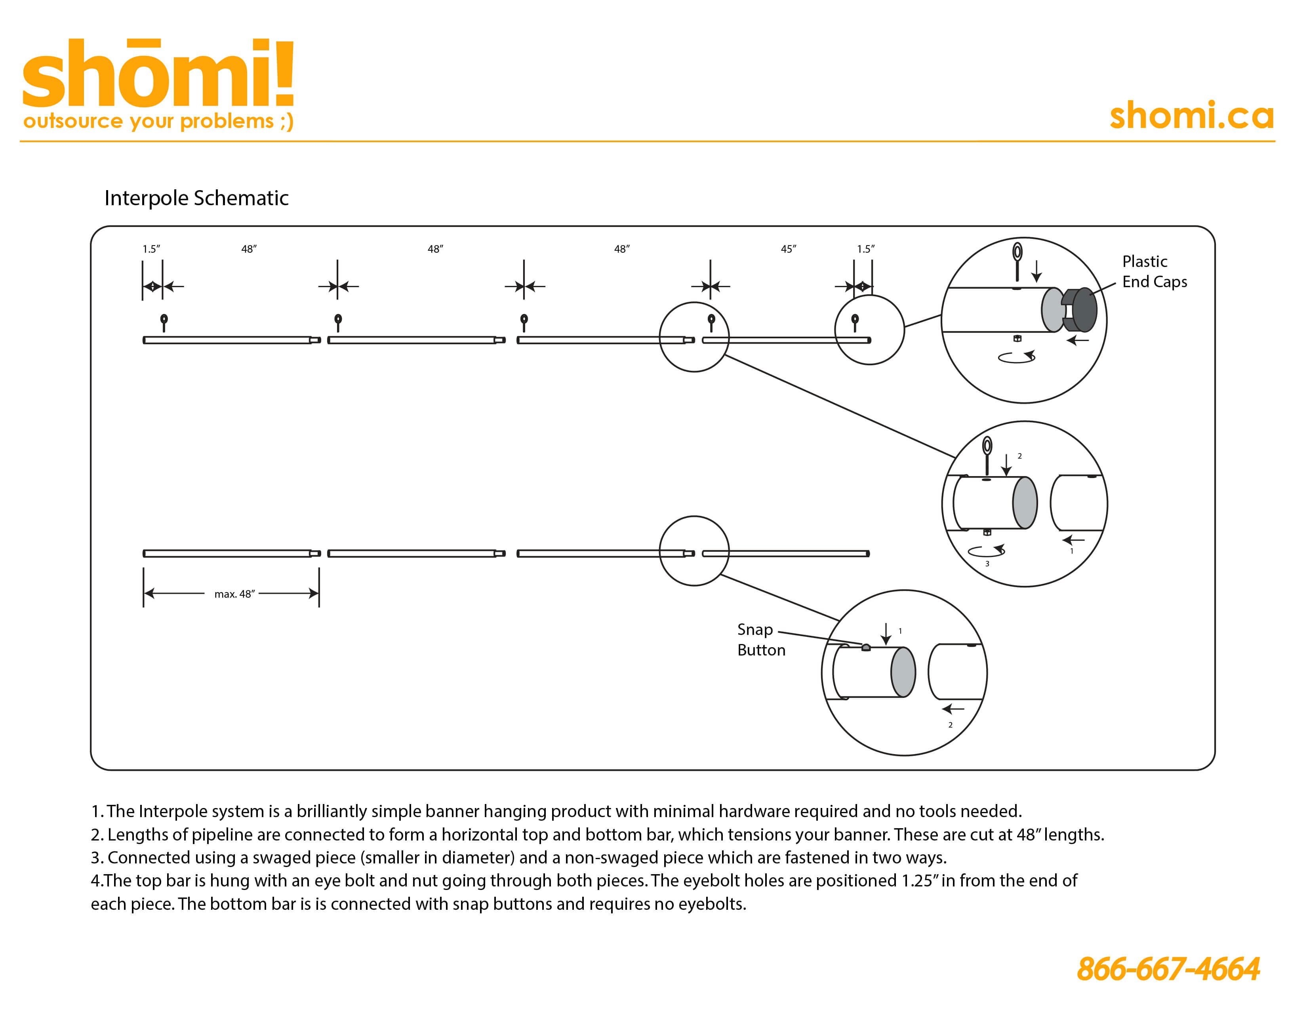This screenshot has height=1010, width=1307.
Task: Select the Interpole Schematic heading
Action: [196, 198]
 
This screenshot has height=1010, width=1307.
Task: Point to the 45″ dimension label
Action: [788, 249]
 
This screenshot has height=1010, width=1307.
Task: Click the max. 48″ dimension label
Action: [234, 594]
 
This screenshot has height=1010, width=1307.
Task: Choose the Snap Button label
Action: [761, 640]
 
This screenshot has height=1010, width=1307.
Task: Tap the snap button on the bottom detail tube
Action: [866, 648]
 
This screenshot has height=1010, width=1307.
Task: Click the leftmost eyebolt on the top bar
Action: [164, 322]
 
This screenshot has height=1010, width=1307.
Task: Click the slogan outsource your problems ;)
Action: [158, 122]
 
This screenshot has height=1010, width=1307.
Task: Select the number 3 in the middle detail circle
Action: [987, 564]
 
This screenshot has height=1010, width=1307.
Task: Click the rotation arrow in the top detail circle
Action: [1017, 357]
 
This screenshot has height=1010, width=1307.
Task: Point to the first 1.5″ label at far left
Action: [151, 249]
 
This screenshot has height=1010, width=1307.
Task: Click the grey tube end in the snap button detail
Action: [903, 672]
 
